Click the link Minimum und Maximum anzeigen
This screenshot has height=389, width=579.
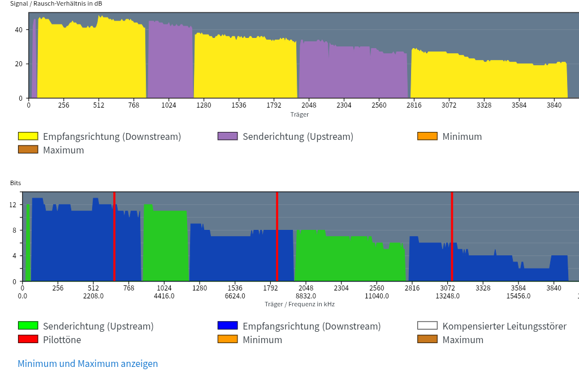tap(88, 364)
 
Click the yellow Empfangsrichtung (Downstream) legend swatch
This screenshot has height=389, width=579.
tap(28, 136)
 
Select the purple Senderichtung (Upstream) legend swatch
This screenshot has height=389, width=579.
tap(227, 136)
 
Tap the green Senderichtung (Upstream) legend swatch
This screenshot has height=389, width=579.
tap(28, 326)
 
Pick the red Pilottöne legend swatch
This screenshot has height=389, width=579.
tap(28, 340)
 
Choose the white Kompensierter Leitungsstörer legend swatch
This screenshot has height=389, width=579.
tap(427, 326)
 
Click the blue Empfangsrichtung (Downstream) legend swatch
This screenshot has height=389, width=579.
tap(227, 326)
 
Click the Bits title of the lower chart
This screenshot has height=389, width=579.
tap(15, 183)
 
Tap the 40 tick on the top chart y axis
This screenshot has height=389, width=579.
tap(19, 29)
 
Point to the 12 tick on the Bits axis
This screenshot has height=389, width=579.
tap(13, 205)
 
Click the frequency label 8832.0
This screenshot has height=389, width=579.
tap(306, 296)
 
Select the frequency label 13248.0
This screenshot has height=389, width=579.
tap(447, 296)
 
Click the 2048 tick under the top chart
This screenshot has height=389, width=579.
tap(309, 105)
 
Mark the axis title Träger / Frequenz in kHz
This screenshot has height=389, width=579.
tap(300, 304)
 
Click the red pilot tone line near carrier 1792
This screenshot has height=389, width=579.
tap(277, 237)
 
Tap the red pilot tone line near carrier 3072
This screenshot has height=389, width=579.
tap(452, 237)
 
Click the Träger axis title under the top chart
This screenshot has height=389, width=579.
tap(300, 114)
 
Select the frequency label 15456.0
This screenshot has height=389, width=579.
tap(518, 296)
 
